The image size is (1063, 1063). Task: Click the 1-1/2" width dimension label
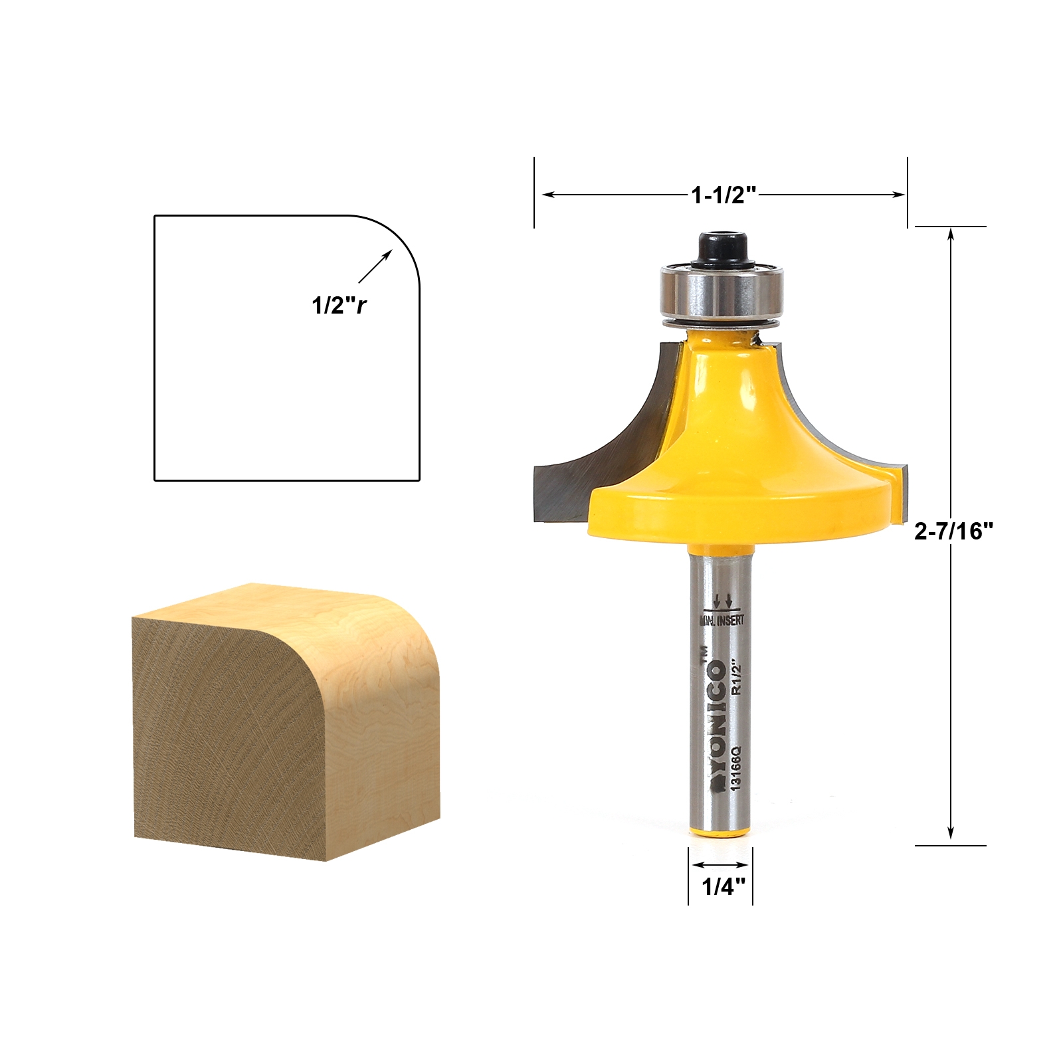pos(724,195)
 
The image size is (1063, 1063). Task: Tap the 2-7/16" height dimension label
pos(953,531)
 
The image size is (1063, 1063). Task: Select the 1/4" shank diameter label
pos(723,886)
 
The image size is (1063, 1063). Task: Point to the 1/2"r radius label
pos(339,305)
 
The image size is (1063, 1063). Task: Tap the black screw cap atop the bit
pos(720,249)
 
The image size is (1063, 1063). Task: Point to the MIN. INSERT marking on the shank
pos(722,621)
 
